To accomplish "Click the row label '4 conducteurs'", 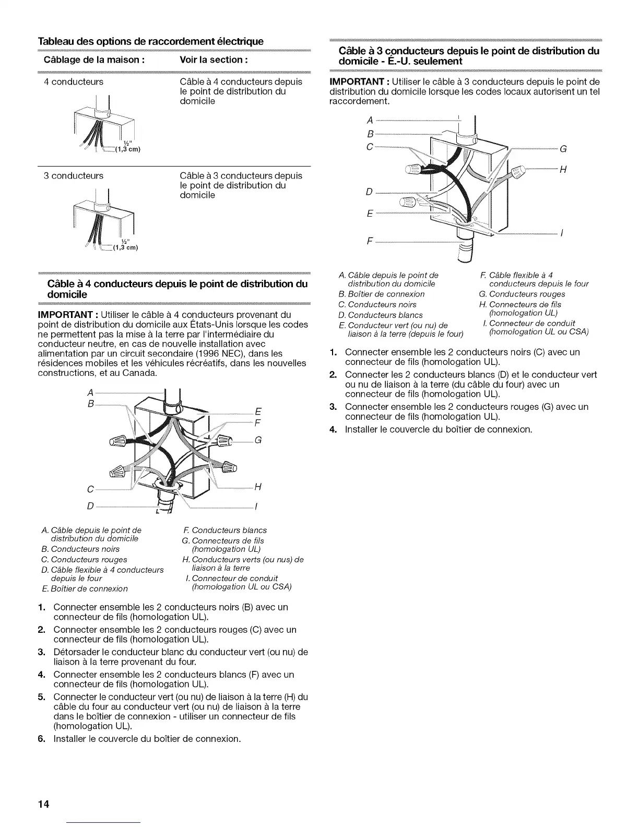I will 74,82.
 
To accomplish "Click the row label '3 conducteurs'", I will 74,176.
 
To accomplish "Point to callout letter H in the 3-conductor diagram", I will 563,169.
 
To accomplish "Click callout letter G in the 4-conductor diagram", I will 257,440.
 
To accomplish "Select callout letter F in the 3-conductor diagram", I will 370,241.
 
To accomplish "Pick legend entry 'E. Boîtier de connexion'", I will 84,589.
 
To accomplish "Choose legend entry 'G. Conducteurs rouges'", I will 522,294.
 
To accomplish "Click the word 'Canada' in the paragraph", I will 142,373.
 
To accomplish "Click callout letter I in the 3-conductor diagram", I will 561,233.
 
